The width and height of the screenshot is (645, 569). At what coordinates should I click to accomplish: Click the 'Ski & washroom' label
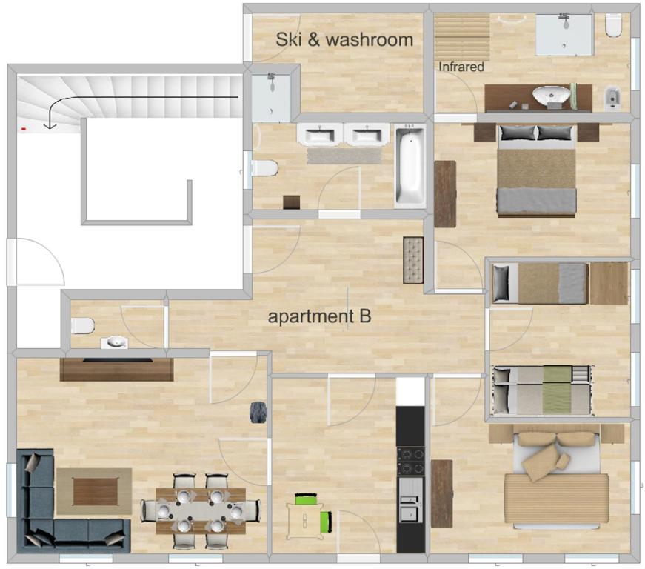pyautogui.click(x=344, y=39)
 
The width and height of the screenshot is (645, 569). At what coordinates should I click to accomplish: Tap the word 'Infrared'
pyautogui.click(x=461, y=67)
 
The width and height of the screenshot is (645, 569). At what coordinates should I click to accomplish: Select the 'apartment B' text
pyautogui.click(x=320, y=316)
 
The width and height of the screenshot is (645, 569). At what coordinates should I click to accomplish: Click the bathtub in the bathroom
pyautogui.click(x=410, y=166)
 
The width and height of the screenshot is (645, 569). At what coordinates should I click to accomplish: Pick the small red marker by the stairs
pyautogui.click(x=24, y=129)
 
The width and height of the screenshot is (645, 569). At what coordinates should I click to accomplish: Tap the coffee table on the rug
pyautogui.click(x=96, y=491)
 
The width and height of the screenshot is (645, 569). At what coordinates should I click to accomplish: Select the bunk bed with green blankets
pyautogui.click(x=543, y=390)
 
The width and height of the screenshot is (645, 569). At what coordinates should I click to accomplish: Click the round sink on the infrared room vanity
pyautogui.click(x=551, y=96)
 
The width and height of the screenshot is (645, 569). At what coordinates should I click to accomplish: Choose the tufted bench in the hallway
pyautogui.click(x=413, y=260)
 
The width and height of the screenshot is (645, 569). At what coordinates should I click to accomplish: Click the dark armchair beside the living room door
pyautogui.click(x=258, y=412)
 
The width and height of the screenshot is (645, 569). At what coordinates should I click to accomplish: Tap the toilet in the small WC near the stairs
pyautogui.click(x=82, y=326)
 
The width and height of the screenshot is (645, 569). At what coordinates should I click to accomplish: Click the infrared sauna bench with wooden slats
pyautogui.click(x=462, y=37)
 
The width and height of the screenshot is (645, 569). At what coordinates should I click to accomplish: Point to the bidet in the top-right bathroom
pyautogui.click(x=612, y=99)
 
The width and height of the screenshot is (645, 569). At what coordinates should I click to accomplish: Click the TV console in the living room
pyautogui.click(x=116, y=369)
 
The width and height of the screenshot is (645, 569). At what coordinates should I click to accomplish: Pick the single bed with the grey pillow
pyautogui.click(x=540, y=284)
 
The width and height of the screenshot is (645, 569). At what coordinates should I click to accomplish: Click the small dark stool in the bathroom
pyautogui.click(x=291, y=202)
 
